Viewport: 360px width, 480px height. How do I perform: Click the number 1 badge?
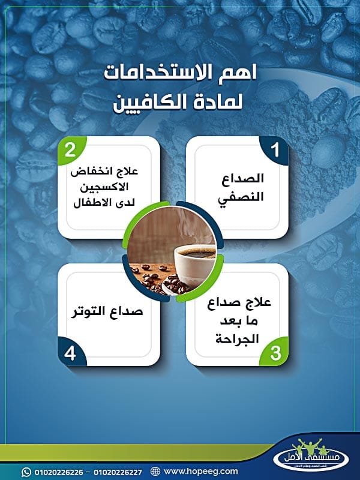point(275,150)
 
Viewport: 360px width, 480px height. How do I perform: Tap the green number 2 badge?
point(70,150)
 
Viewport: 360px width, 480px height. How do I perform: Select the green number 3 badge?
point(275,353)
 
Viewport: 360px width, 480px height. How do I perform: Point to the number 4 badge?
point(70,353)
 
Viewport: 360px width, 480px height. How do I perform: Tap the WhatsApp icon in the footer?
point(26,471)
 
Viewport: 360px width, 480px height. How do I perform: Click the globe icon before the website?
point(155,471)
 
